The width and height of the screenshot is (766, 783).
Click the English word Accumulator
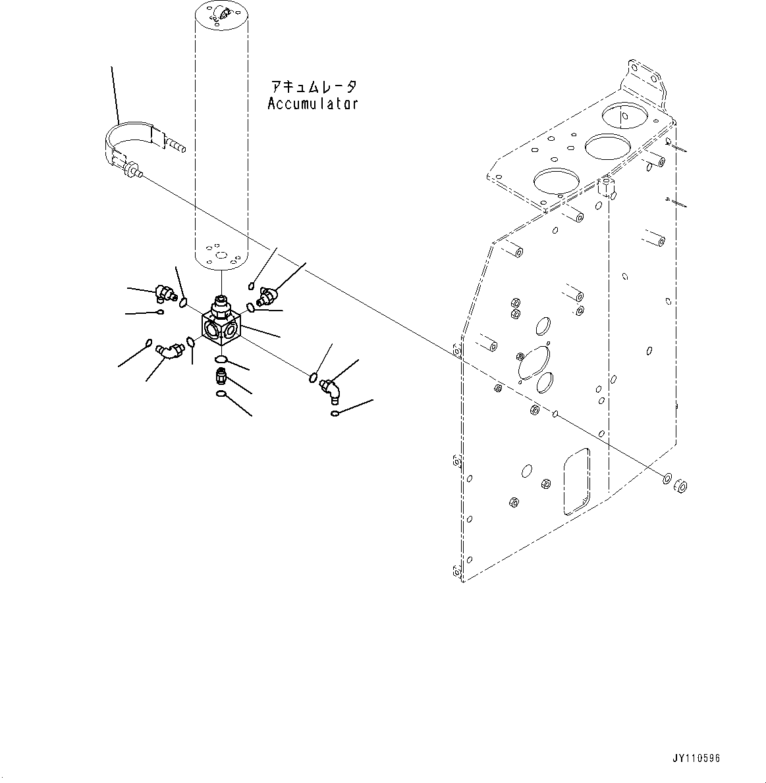pos(313,103)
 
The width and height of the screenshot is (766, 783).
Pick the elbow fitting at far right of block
pos(329,388)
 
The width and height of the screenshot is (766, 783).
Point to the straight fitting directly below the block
pos(222,377)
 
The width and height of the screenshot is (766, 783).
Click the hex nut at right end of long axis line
pos(681,486)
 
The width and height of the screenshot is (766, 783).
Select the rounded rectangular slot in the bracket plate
pos(576,481)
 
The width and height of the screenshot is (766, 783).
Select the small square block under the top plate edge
pos(607,186)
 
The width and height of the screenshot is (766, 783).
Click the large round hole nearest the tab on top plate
pos(621,116)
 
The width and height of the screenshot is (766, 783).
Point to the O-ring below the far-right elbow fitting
pos(336,413)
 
